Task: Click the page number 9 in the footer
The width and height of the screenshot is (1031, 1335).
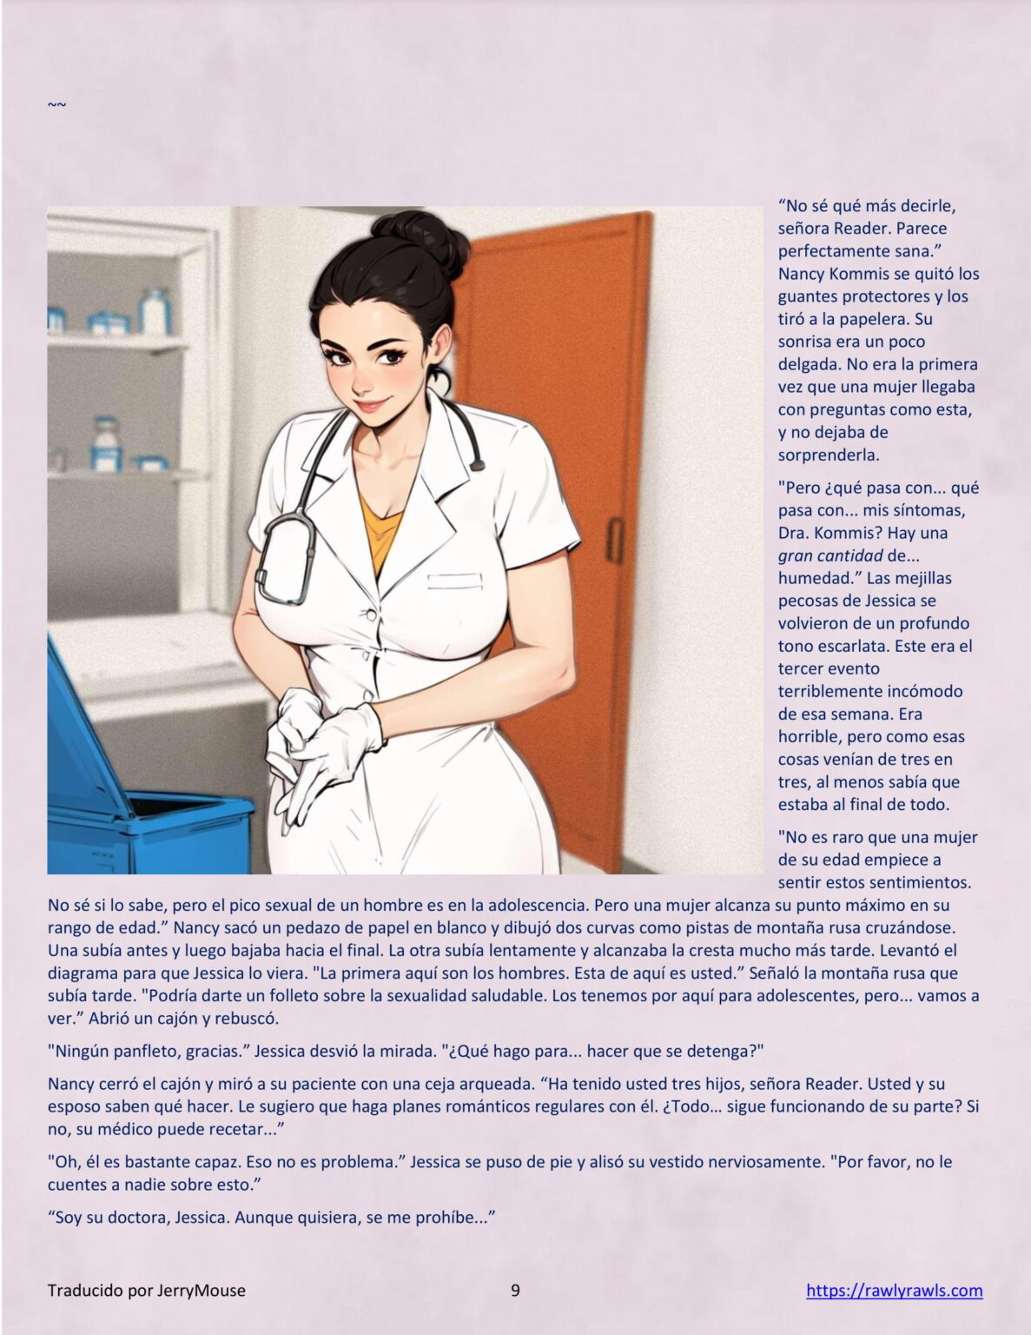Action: click(x=515, y=1290)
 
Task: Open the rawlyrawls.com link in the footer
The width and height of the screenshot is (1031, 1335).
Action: click(x=894, y=1290)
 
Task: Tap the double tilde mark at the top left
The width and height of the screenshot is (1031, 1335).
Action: click(x=56, y=105)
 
